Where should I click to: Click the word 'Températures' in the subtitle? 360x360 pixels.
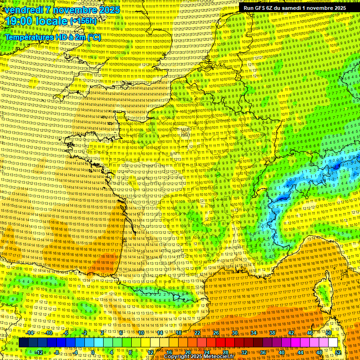tap(29, 37)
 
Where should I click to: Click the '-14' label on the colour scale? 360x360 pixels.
tap(30, 333)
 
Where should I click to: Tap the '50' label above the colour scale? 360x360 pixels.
tap(329, 333)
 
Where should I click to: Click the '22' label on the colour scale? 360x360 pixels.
tap(197, 333)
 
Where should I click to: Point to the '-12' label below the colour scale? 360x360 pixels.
tap(39, 352)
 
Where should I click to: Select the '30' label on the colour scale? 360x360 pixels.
tap(235, 333)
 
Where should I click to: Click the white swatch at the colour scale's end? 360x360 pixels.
tap(333, 343)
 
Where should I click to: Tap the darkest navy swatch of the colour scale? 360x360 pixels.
tap(23, 343)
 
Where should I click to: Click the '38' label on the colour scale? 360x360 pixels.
tap(272, 333)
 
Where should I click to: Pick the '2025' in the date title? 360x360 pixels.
tap(106, 9)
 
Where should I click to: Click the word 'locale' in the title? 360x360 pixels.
tap(52, 21)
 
